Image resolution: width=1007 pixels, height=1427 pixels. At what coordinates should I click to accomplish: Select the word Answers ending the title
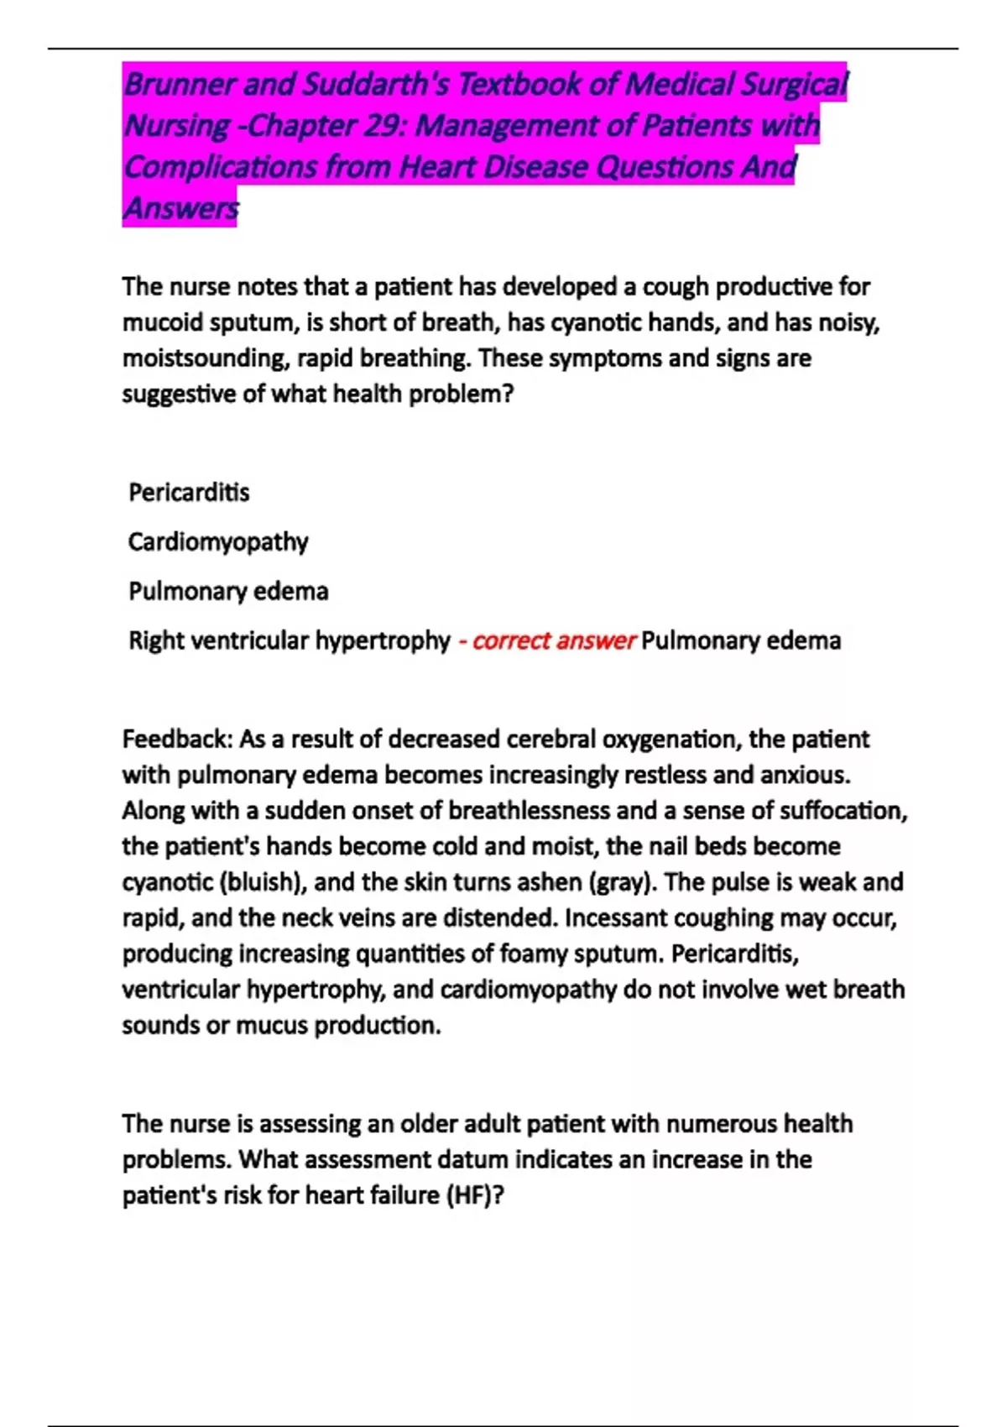pos(180,207)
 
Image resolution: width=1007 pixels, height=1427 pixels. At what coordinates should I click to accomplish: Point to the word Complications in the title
pos(218,167)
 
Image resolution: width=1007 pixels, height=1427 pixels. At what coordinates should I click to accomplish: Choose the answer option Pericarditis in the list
pos(189,492)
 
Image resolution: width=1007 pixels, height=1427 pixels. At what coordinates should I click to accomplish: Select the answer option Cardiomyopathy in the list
pos(218,541)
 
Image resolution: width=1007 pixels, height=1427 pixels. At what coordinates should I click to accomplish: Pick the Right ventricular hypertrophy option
pos(289,640)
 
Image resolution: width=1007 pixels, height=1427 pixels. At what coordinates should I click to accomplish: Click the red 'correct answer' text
pos(554,640)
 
